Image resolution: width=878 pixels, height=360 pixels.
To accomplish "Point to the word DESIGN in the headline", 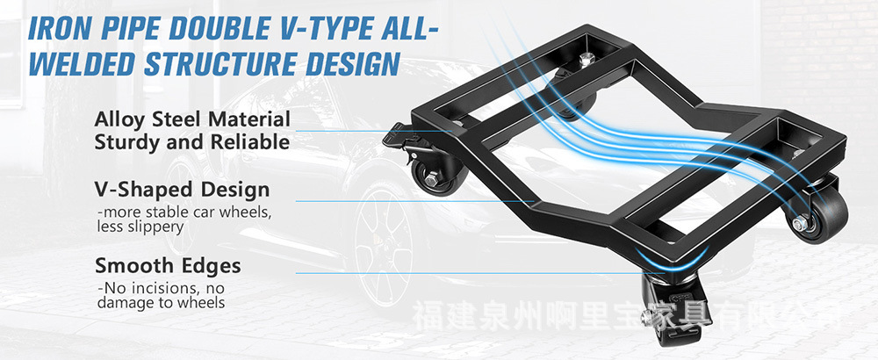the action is pyautogui.click(x=352, y=63).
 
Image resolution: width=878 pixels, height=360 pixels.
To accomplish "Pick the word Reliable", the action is pyautogui.click(x=250, y=142).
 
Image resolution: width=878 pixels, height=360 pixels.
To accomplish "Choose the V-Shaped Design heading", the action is pyautogui.click(x=182, y=191).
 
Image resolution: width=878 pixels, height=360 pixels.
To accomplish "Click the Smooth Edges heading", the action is pyautogui.click(x=168, y=265).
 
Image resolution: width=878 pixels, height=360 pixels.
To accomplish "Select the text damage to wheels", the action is pyautogui.click(x=162, y=303).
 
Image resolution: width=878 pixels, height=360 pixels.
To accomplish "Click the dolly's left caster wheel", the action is pyautogui.click(x=431, y=176).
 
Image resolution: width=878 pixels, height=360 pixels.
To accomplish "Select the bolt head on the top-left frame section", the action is pyautogui.click(x=587, y=60).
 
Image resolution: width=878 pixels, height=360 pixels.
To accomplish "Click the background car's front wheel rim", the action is pyautogui.click(x=385, y=247).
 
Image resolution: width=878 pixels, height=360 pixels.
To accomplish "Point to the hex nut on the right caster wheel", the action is pyautogui.click(x=800, y=223).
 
